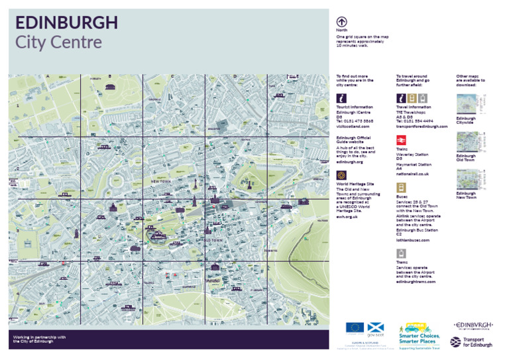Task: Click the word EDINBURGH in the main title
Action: pos(66,23)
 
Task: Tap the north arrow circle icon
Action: pos(342,21)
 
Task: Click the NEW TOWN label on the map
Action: pos(162,181)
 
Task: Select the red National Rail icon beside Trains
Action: pos(402,141)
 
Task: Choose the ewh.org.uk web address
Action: pos(347,216)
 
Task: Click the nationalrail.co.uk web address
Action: pos(413,174)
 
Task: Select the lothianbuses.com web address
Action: pos(414,240)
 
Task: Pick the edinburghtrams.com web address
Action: pos(416,282)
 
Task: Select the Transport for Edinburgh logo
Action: pos(472,341)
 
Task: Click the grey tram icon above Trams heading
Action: pos(402,254)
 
